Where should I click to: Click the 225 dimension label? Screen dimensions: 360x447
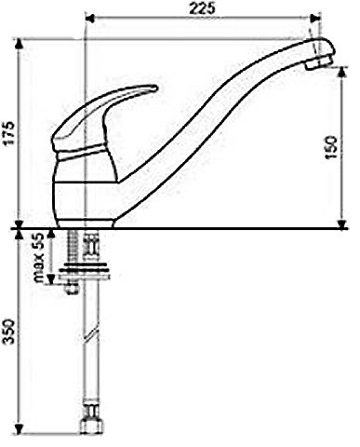(202, 9)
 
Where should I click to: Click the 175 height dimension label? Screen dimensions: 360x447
(9, 132)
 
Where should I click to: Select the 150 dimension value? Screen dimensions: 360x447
(331, 147)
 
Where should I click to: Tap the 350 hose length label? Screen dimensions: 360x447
(9, 332)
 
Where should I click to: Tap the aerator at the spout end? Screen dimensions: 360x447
(316, 63)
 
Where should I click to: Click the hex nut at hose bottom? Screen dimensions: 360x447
(92, 426)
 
